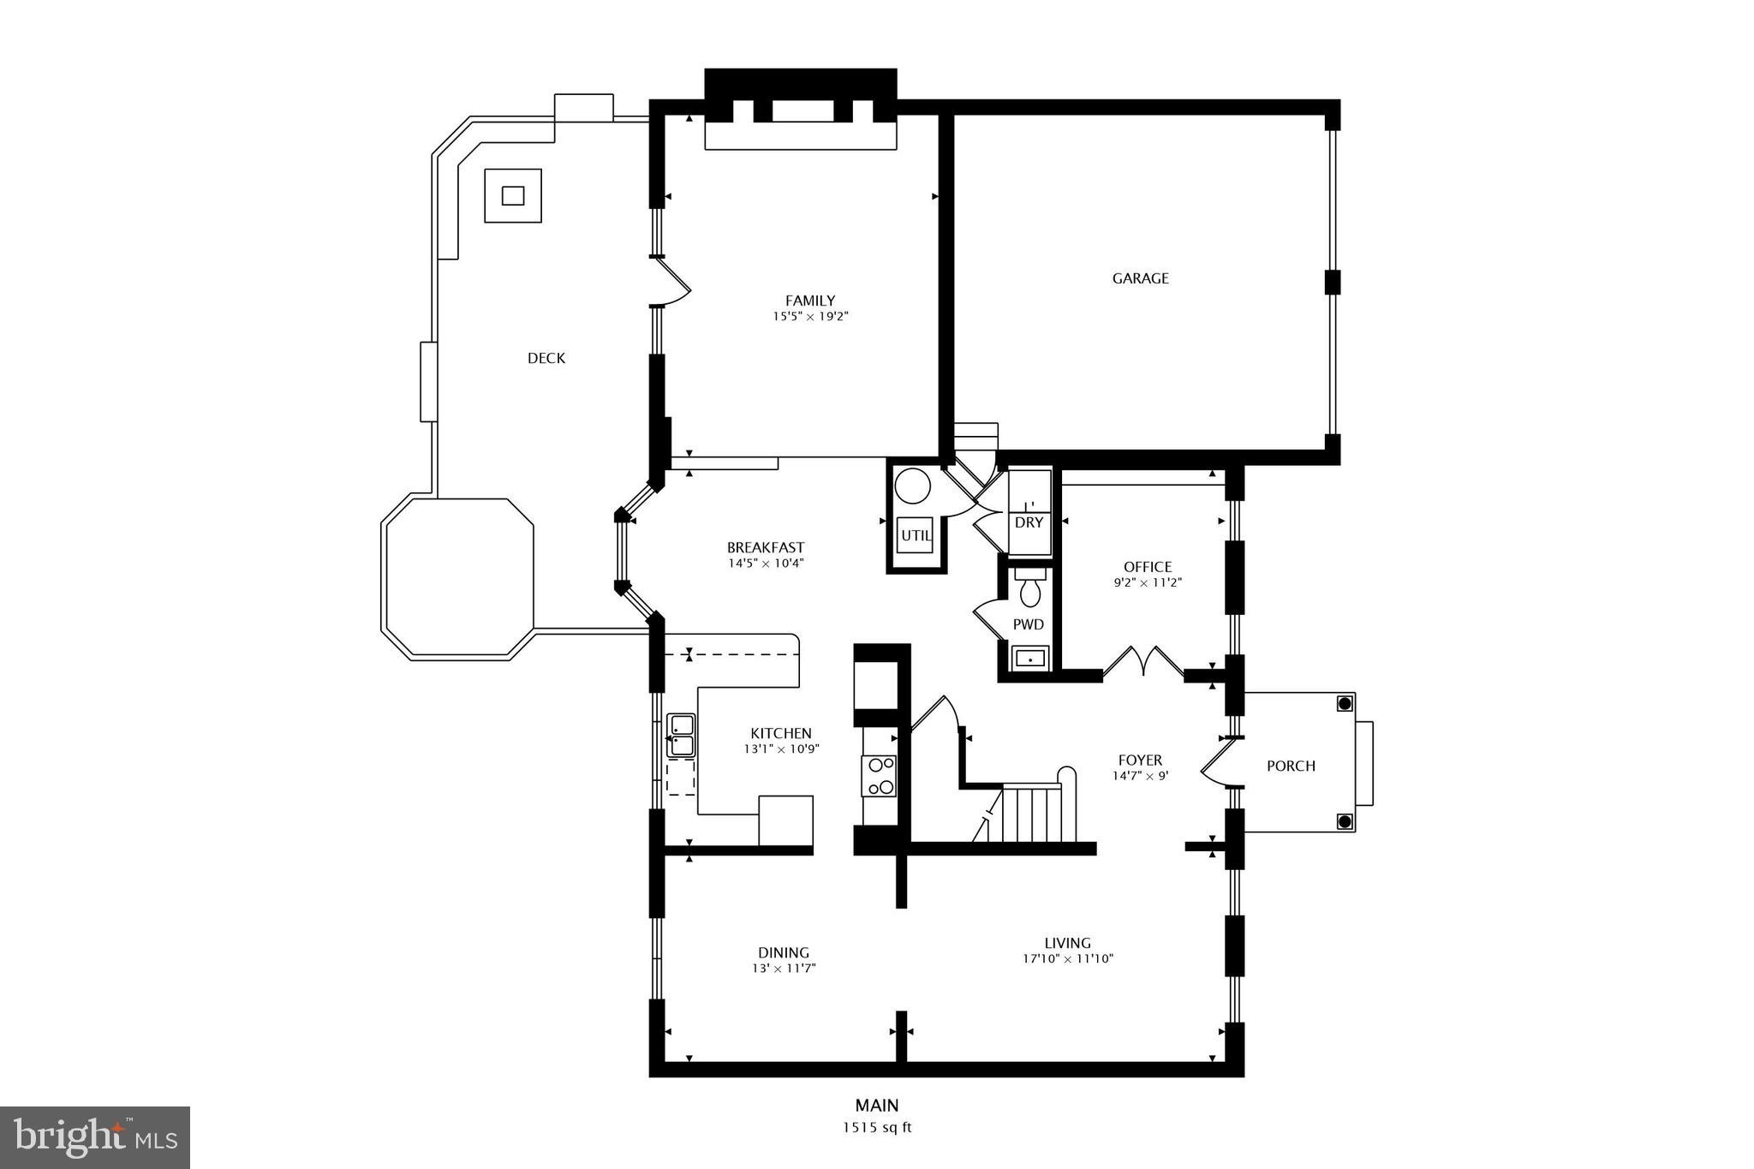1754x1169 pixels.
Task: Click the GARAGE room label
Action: pyautogui.click(x=1140, y=278)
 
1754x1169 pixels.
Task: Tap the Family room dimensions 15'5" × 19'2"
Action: pyautogui.click(x=810, y=317)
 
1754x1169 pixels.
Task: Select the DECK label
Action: pyautogui.click(x=546, y=358)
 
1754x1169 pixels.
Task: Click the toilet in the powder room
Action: pyautogui.click(x=1029, y=588)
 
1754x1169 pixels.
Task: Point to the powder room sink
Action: pyautogui.click(x=1029, y=659)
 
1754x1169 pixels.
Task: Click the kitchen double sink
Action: pyautogui.click(x=682, y=736)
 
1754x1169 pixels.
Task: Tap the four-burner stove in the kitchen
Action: pyautogui.click(x=879, y=776)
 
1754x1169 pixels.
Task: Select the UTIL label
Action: pyautogui.click(x=916, y=536)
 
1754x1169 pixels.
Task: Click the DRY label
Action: pyautogui.click(x=1029, y=522)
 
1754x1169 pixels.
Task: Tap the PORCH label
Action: pyautogui.click(x=1291, y=766)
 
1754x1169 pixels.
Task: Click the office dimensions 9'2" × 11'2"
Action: pyautogui.click(x=1148, y=582)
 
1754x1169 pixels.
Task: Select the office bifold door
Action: pyautogui.click(x=1142, y=662)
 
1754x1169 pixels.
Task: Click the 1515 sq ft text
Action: pyautogui.click(x=876, y=1127)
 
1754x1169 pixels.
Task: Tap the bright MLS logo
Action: pyautogui.click(x=95, y=1137)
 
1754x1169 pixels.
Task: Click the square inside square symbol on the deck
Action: pyautogui.click(x=513, y=195)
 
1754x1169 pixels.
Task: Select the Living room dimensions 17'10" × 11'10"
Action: pyautogui.click(x=1067, y=959)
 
